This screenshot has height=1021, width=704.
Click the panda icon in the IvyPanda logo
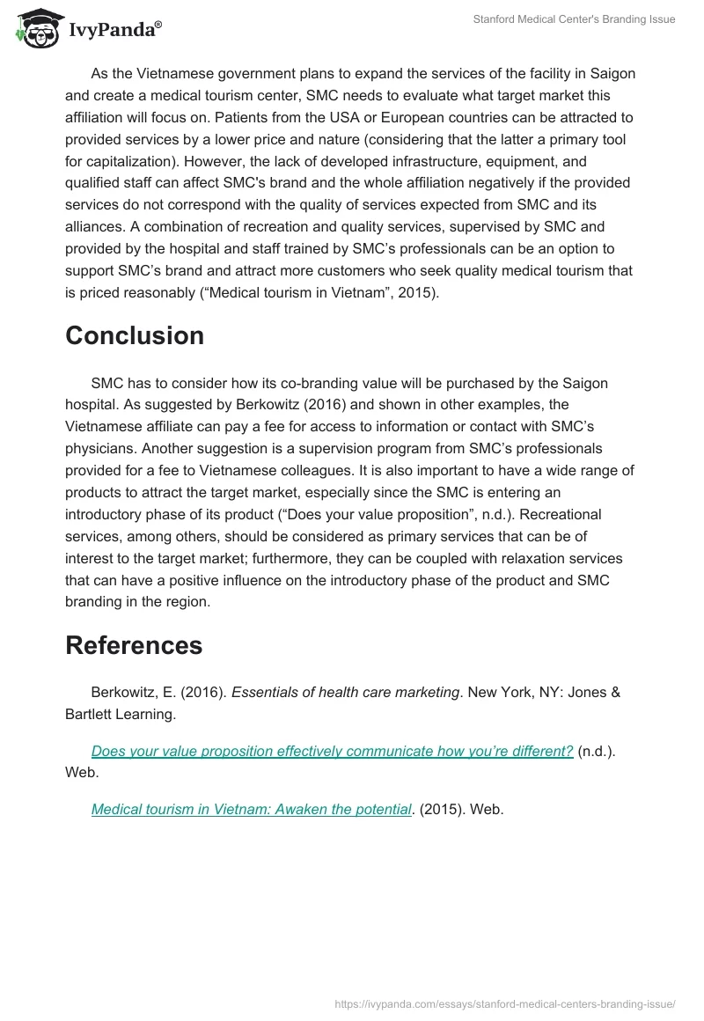pos(33,30)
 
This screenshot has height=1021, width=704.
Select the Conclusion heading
pos(135,335)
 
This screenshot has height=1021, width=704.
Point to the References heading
pos(134,645)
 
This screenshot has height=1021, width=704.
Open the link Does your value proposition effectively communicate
pos(332,751)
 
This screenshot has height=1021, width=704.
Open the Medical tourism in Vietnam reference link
pos(252,809)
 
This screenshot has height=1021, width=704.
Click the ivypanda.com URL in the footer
pos(505,1003)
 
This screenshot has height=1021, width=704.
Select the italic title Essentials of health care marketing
pos(345,692)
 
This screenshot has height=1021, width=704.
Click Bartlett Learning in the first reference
pos(120,714)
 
